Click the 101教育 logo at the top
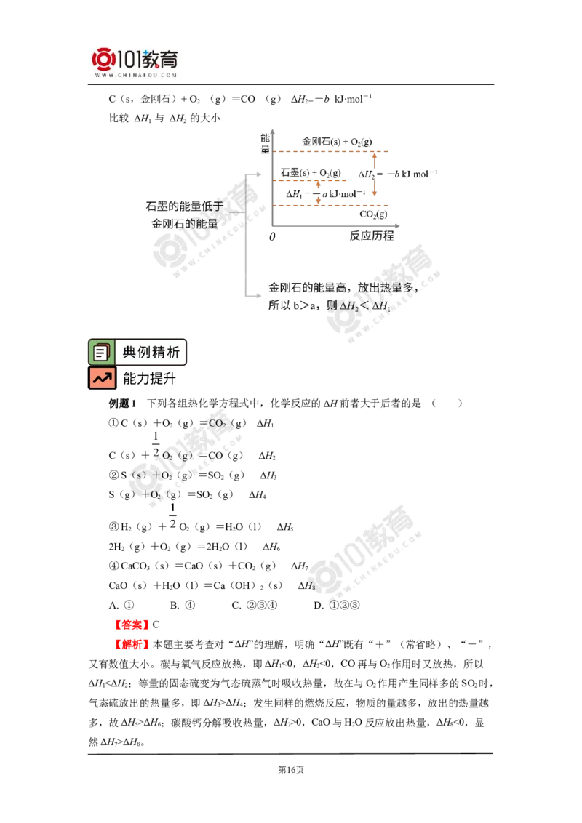(135, 63)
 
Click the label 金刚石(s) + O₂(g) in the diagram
(337, 142)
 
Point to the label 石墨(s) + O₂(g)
(311, 173)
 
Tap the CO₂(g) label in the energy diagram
(373, 214)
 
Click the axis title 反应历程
(372, 236)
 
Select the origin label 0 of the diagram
(272, 237)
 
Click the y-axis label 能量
(266, 143)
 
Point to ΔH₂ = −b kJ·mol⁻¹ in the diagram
(398, 174)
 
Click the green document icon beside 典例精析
(101, 352)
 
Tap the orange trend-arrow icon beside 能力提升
(102, 378)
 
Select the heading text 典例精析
(151, 352)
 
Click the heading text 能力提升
(150, 379)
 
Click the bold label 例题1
(122, 403)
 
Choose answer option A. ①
(121, 605)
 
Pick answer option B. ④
(183, 605)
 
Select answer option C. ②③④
(254, 605)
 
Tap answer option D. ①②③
(337, 605)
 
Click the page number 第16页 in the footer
(291, 769)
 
